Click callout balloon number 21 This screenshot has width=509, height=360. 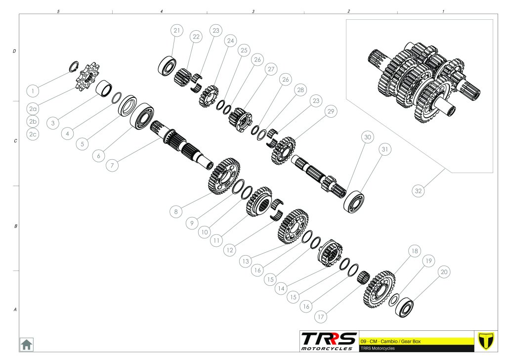coord(176,31)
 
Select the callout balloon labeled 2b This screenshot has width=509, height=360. coord(33,122)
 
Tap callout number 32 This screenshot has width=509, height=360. coord(419,191)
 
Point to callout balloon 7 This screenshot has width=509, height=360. coord(112,165)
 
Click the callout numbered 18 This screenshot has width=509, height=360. coord(415,251)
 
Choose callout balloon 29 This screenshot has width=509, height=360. coord(331,111)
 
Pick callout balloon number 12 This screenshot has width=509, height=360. coord(230,250)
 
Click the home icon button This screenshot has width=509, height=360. coord(26,344)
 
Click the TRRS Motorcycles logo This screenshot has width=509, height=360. coord(328,341)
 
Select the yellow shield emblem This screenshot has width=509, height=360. coord(486,341)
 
